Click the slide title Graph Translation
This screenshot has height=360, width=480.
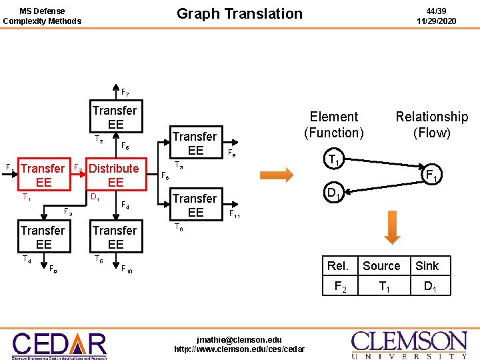tap(239, 13)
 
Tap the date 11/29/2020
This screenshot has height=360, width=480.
tap(436, 21)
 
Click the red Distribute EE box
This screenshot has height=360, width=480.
tap(114, 175)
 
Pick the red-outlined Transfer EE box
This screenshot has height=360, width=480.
tap(43, 175)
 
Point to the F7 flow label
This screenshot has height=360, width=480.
tap(125, 92)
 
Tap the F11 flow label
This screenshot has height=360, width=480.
tap(235, 215)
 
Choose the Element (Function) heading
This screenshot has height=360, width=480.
tap(334, 125)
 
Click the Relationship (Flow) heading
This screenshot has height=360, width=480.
tap(431, 125)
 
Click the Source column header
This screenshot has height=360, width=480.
tap(381, 266)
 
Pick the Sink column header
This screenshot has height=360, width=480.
tap(427, 266)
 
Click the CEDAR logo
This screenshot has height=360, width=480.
tap(59, 345)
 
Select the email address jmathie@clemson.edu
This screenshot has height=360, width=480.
tap(239, 340)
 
